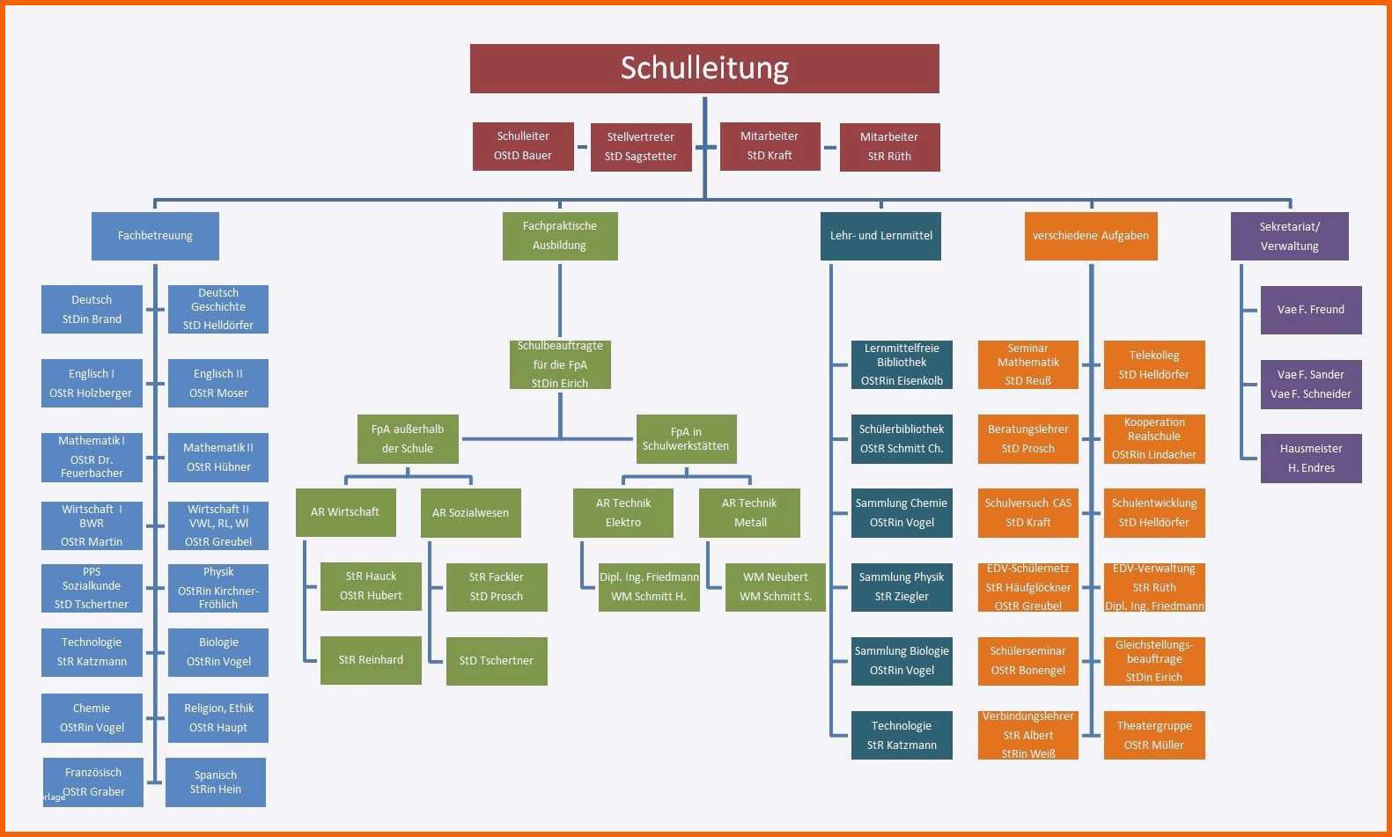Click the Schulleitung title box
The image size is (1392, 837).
704,69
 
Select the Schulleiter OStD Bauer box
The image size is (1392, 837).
523,146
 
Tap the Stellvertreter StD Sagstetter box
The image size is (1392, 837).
641,147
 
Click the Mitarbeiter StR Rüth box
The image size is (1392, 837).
889,147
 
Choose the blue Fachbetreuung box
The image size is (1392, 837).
155,236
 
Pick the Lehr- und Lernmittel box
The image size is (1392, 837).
880,236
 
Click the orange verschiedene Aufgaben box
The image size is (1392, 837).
1090,236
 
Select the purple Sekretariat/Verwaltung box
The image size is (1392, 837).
1289,236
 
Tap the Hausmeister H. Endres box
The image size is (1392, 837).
1311,459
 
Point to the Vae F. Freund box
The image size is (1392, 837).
1311,310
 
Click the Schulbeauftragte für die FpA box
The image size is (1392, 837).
560,364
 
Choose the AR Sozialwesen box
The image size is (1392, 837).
470,513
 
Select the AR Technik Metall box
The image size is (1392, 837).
749,513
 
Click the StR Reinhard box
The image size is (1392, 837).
371,660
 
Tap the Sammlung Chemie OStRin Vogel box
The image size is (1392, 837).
902,513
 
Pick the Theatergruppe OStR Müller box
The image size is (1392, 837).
1154,736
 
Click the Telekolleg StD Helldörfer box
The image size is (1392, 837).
1154,365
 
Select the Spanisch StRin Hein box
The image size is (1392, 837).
216,782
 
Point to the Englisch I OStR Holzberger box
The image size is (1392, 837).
92,384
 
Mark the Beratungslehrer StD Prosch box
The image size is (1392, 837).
1027,439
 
